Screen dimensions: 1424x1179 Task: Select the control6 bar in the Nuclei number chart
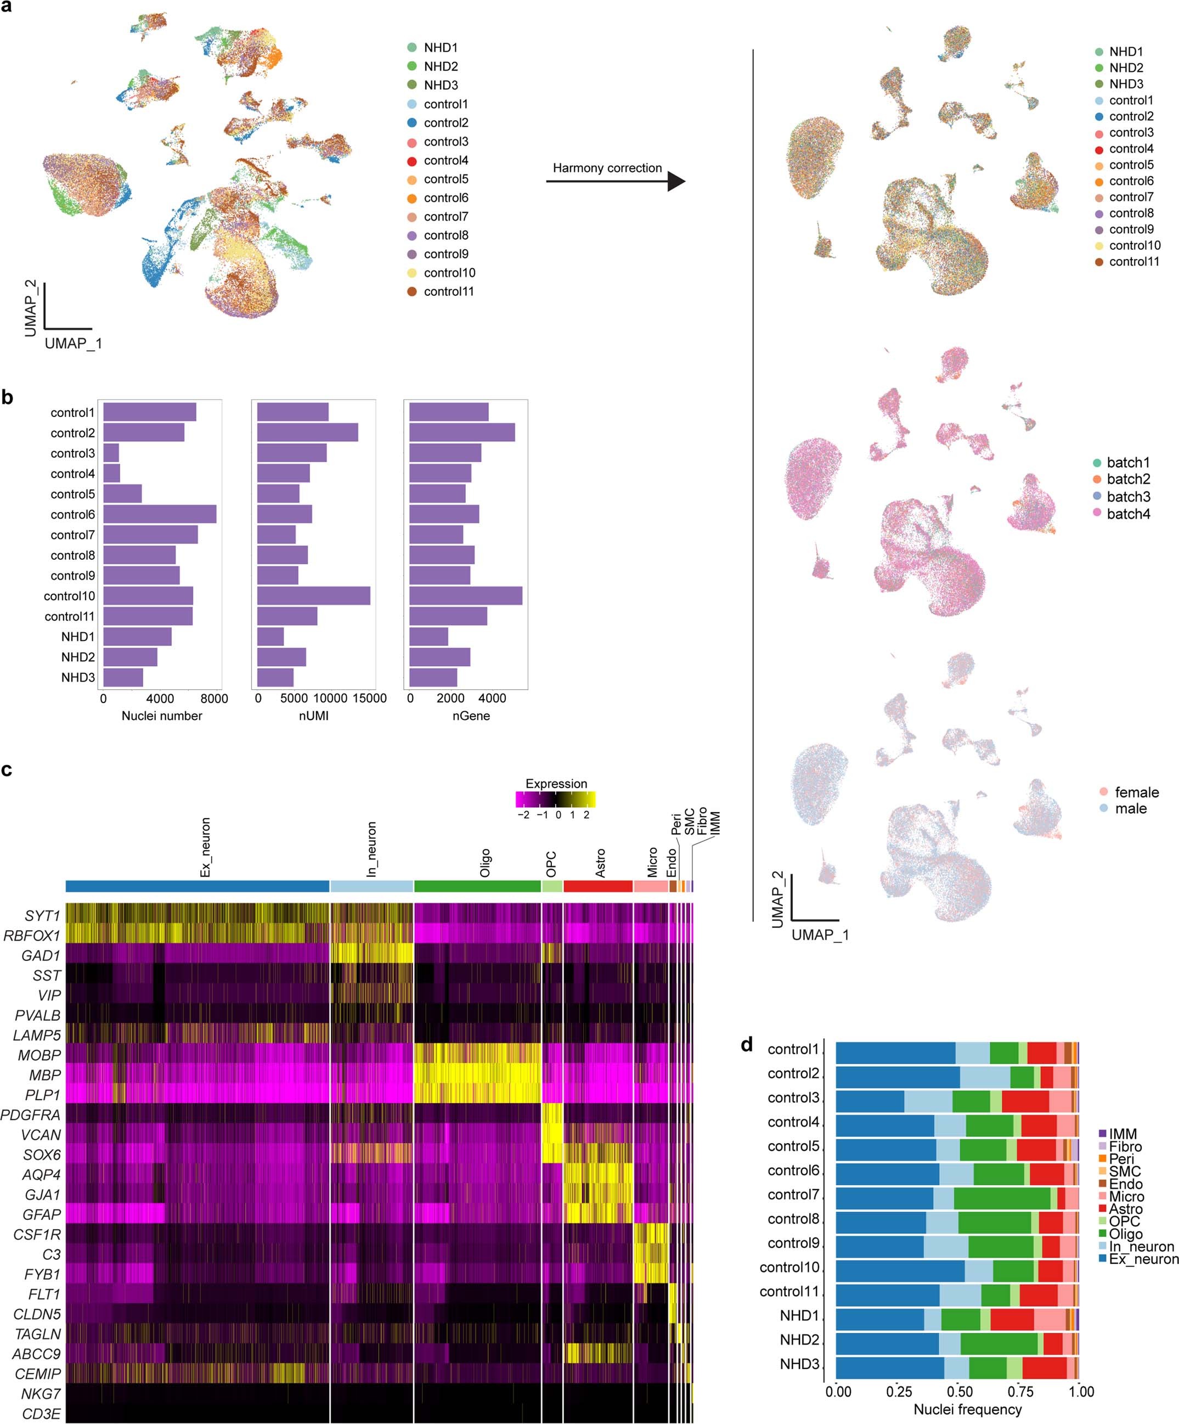pos(159,514)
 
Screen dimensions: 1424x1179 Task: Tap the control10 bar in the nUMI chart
pos(313,596)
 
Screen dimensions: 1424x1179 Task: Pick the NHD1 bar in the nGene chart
pos(428,637)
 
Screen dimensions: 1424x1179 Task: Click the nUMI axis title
pos(313,716)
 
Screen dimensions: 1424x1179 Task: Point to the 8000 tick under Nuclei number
pos(215,699)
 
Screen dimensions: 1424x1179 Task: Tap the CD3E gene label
pos(41,1414)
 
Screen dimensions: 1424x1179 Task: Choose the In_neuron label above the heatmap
pos(371,849)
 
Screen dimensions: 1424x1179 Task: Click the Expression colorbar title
pos(556,783)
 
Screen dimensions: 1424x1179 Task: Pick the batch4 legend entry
pos(1127,514)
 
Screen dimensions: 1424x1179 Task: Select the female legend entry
pos(1136,792)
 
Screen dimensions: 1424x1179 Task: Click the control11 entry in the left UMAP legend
pos(448,291)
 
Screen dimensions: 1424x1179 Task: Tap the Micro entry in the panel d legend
pos(1125,1197)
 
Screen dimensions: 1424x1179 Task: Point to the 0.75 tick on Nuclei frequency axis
pos(1020,1392)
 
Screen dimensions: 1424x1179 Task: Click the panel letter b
pos(8,397)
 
